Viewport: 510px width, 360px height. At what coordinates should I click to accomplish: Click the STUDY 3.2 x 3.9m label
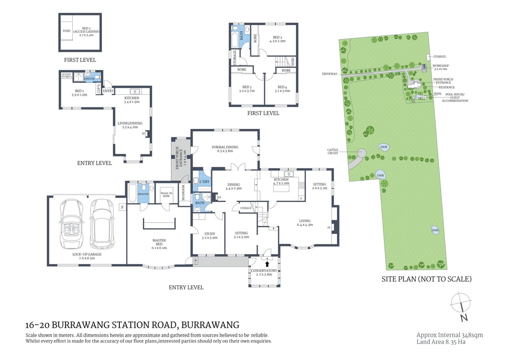[x=209, y=235]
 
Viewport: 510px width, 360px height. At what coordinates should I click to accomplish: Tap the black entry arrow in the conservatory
[x=267, y=263]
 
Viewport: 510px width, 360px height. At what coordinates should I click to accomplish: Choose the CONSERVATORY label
[x=264, y=273]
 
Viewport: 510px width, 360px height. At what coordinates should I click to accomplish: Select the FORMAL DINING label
[x=225, y=149]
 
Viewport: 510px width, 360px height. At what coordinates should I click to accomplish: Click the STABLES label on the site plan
[x=439, y=56]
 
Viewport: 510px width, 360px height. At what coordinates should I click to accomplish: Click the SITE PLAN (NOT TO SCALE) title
[x=426, y=279]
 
